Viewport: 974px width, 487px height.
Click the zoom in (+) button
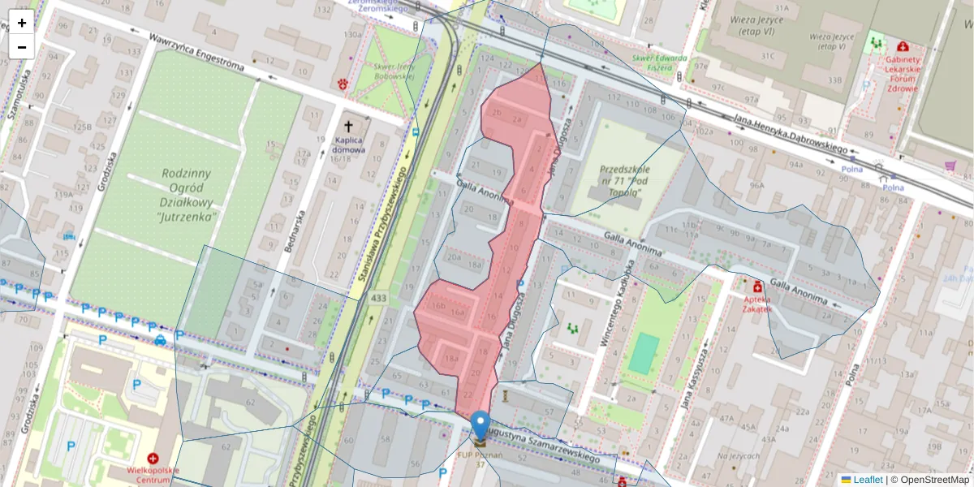click(x=22, y=23)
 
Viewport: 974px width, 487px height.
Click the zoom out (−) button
click(x=22, y=47)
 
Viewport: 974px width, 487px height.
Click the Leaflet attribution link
click(x=867, y=480)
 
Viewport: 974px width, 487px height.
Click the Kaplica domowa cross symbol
click(x=350, y=127)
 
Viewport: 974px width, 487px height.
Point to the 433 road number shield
click(x=378, y=300)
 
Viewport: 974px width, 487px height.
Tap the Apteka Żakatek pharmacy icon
click(x=757, y=287)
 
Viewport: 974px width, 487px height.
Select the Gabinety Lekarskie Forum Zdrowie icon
click(x=903, y=47)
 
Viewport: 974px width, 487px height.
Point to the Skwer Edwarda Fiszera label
click(x=659, y=63)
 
